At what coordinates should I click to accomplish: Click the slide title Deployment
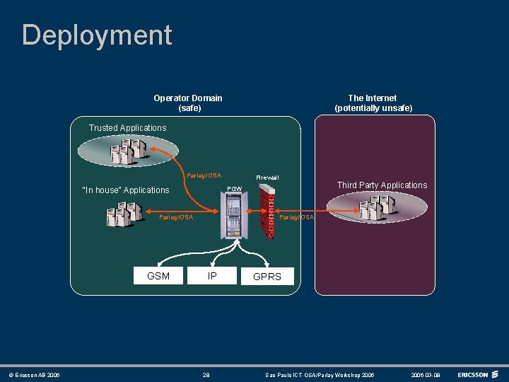(x=97, y=35)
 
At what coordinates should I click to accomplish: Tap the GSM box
(x=158, y=276)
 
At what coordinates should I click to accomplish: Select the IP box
(x=212, y=276)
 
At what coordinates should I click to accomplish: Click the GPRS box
(x=267, y=277)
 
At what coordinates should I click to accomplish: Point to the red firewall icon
(x=267, y=212)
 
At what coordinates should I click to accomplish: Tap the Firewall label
(x=267, y=177)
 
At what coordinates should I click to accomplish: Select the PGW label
(x=234, y=189)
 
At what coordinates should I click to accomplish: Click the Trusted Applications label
(x=127, y=128)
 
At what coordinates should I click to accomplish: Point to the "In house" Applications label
(x=126, y=190)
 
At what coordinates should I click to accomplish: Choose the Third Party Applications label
(x=382, y=185)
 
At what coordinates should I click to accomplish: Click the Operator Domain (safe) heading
(x=188, y=103)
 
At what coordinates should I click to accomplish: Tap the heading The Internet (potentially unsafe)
(x=373, y=103)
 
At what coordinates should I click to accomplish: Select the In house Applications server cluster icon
(x=122, y=213)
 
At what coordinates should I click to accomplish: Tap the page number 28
(x=206, y=375)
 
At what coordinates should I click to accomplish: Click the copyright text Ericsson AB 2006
(x=34, y=375)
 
